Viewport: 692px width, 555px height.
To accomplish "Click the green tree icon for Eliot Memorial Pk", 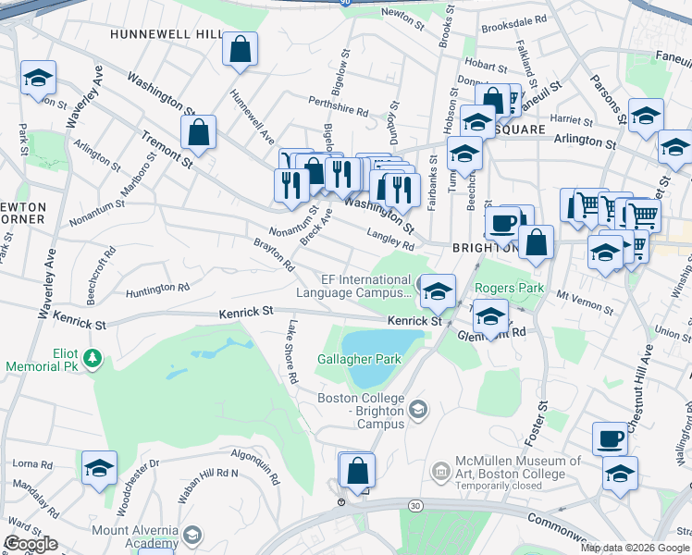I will point(92,358).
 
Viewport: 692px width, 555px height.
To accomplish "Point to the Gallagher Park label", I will point(359,358).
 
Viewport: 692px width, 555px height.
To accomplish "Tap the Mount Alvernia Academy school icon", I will point(192,536).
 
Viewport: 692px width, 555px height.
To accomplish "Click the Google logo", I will point(31,543).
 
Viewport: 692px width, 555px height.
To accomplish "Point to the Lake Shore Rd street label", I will point(291,351).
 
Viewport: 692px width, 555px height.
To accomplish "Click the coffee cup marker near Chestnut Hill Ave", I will point(610,438).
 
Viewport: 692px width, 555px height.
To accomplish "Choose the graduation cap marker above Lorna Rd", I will point(99,467).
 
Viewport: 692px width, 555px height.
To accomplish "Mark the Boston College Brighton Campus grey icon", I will point(419,409).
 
